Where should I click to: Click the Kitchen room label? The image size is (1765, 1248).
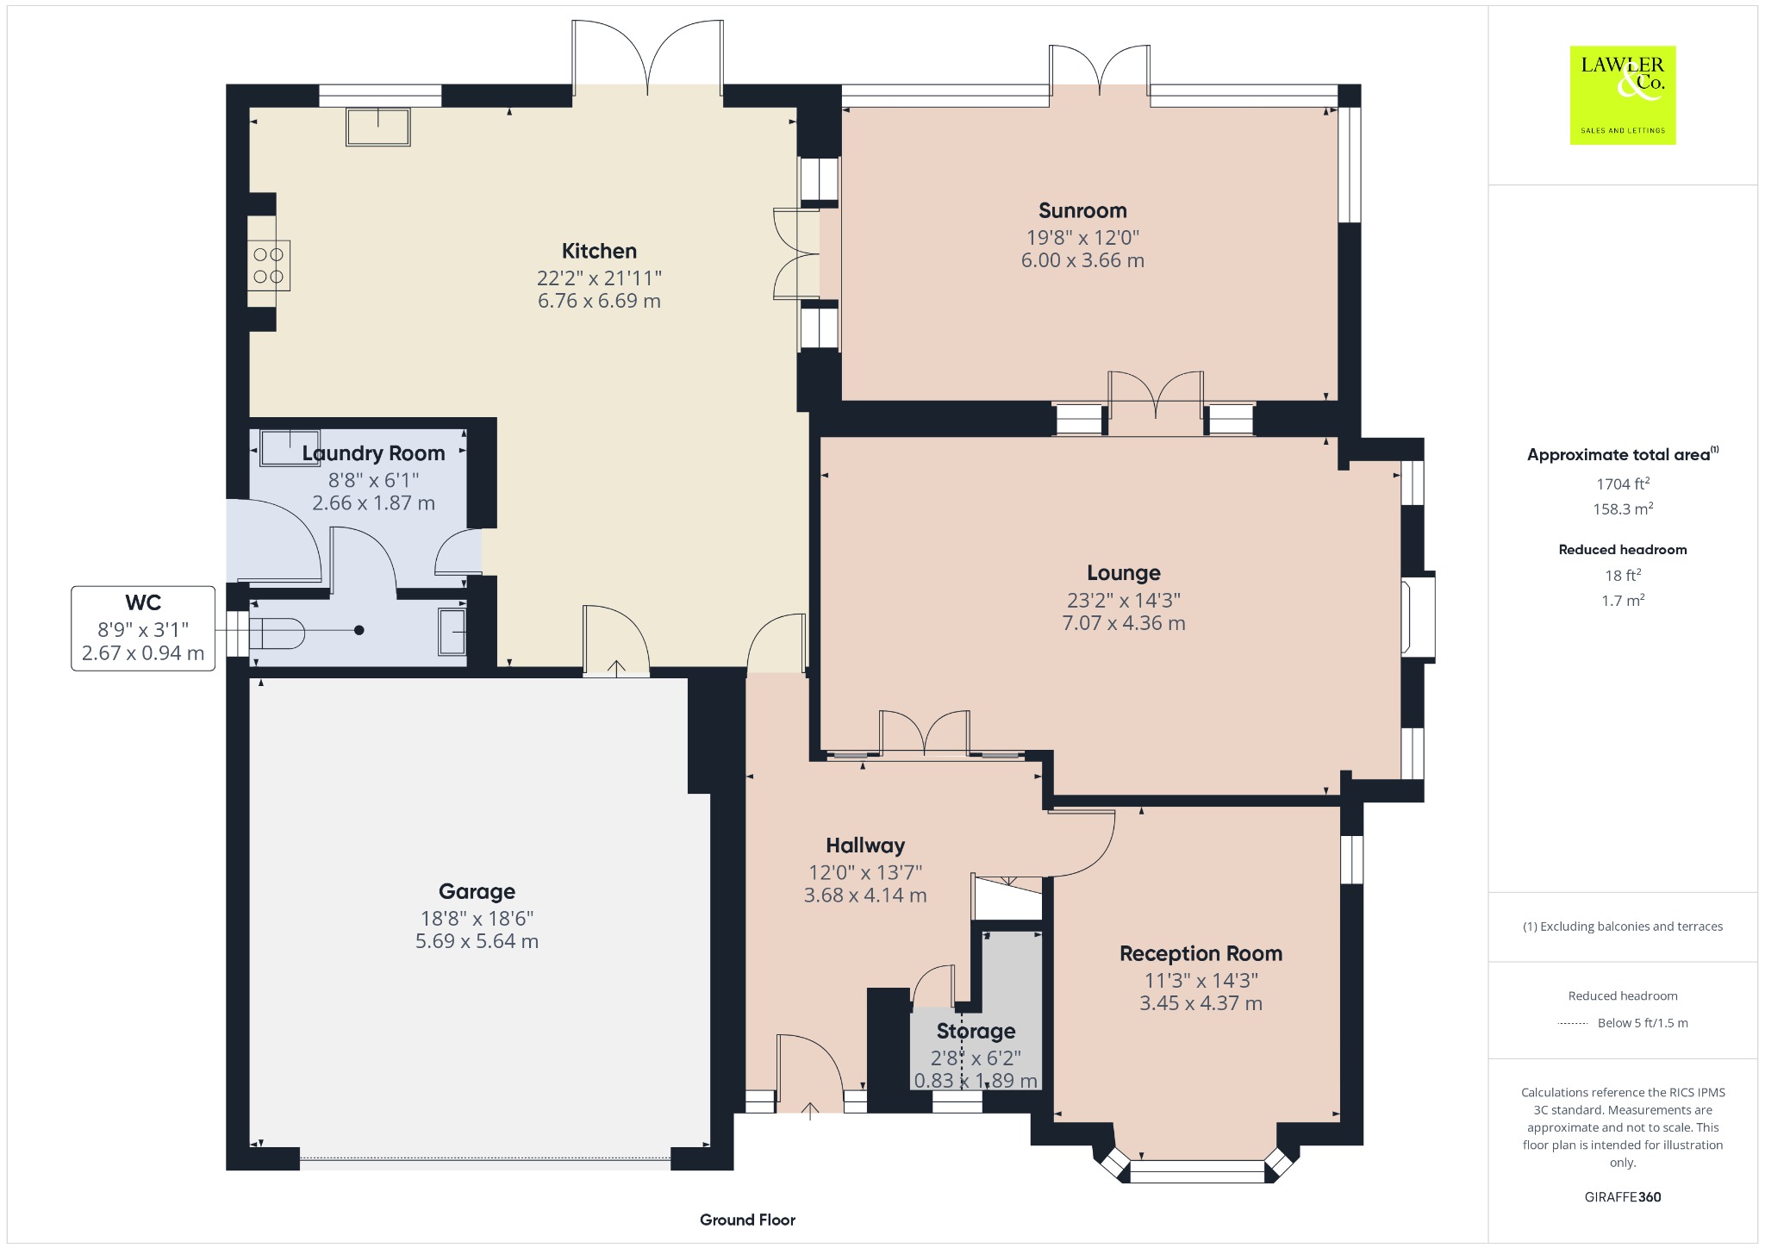coord(599,251)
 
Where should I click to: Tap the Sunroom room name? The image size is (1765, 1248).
coord(1082,210)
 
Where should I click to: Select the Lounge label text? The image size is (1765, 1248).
coord(1124,573)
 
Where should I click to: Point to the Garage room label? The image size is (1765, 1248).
coord(477,892)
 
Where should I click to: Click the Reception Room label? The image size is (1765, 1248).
coord(1201,953)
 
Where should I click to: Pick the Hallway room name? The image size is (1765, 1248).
coord(865,846)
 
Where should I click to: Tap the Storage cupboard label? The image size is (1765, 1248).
coord(976,1031)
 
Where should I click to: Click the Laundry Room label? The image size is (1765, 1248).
coord(373,453)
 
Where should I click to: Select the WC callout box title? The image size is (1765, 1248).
coord(143,602)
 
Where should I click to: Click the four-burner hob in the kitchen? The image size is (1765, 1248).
coord(269,265)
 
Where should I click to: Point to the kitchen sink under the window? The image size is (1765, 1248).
coord(378,127)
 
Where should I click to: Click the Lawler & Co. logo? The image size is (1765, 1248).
coord(1623,95)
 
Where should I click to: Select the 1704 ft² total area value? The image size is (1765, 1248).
coord(1623,484)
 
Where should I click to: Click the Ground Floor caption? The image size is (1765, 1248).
coord(747,1220)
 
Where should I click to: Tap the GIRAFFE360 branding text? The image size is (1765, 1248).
coord(1623,1197)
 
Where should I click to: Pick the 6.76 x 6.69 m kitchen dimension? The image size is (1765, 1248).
coord(599,301)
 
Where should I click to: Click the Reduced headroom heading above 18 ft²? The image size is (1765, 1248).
coord(1623,550)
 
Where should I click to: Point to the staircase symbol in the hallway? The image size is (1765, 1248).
coord(1007,898)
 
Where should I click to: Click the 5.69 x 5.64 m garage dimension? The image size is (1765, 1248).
coord(477,941)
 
